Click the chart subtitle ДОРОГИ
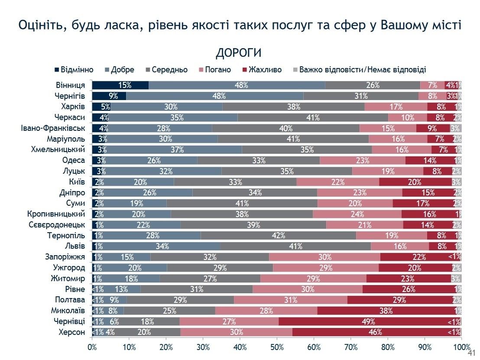click(x=238, y=53)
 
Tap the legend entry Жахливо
click(x=263, y=70)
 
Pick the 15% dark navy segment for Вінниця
click(x=120, y=85)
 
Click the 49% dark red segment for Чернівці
click(x=370, y=321)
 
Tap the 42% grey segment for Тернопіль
click(x=279, y=235)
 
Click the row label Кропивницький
click(x=55, y=214)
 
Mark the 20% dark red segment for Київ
click(x=415, y=182)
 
